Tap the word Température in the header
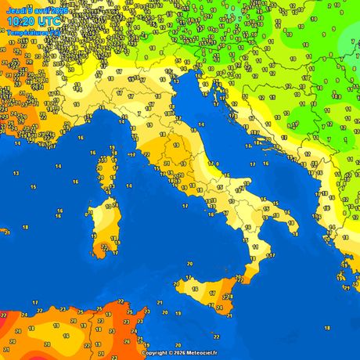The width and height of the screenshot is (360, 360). (x=24, y=33)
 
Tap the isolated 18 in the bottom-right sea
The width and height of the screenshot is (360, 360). (x=326, y=328)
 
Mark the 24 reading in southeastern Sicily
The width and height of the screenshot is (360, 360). (x=227, y=297)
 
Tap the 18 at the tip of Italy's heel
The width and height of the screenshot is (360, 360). (x=298, y=232)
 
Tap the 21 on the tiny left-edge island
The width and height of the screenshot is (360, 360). (x=5, y=232)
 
